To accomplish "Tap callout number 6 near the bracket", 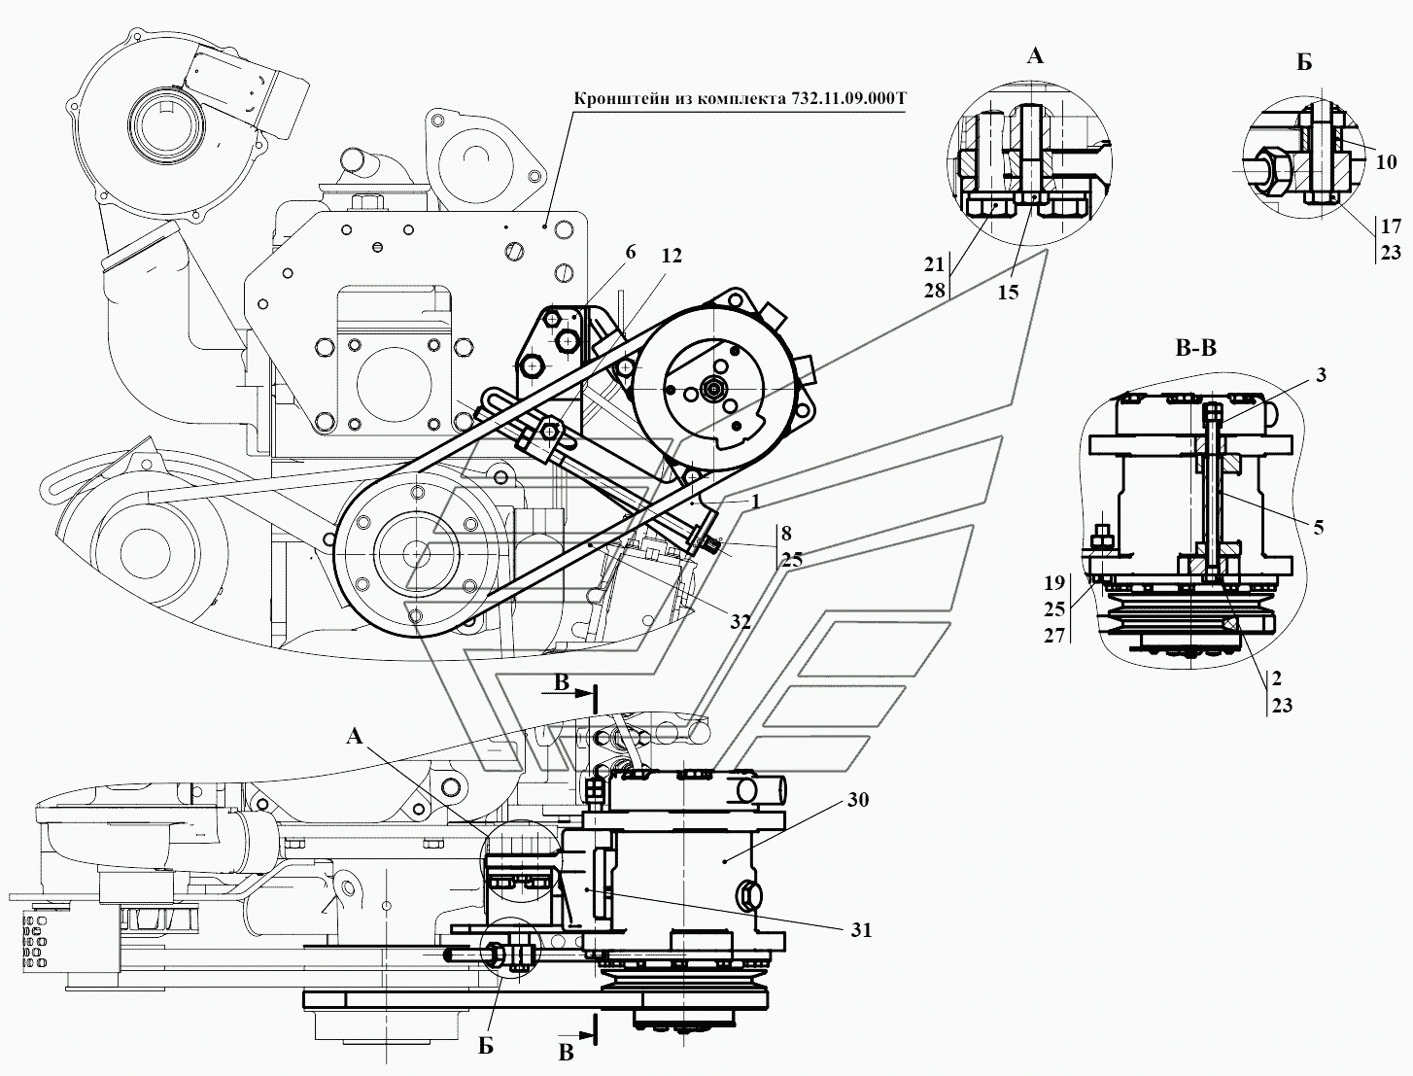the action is [x=631, y=253].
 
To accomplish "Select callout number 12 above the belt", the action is [x=671, y=257].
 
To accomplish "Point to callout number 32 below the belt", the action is [x=740, y=621].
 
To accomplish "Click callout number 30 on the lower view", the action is [x=859, y=799].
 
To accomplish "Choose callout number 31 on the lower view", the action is [x=861, y=929].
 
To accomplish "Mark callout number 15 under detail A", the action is [x=1009, y=293].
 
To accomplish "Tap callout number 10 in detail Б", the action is [x=1387, y=161].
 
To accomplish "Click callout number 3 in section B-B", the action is [x=1321, y=375].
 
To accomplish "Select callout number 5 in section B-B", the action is [x=1319, y=528].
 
